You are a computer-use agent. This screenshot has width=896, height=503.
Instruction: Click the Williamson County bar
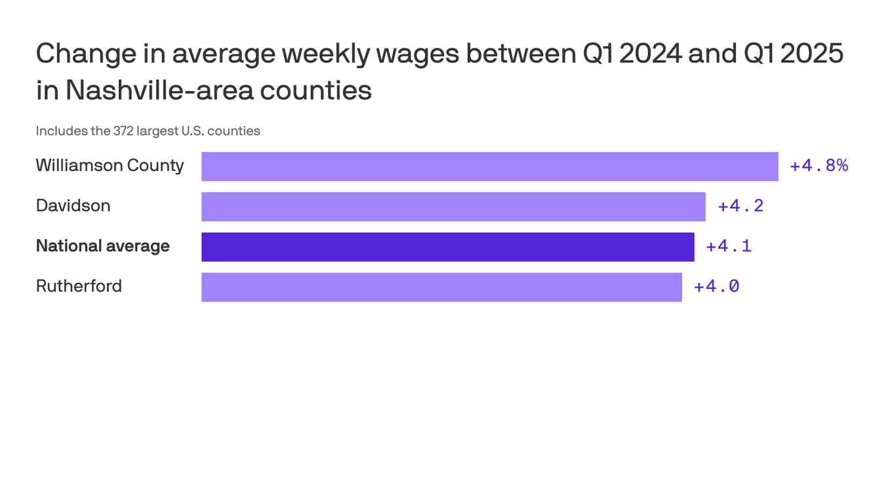click(489, 166)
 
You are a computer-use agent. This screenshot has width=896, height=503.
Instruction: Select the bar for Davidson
click(453, 206)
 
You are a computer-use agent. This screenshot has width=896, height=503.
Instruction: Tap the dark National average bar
click(447, 247)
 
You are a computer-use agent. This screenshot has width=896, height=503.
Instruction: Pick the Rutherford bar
click(441, 287)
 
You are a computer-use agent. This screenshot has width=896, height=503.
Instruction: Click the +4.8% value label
click(819, 166)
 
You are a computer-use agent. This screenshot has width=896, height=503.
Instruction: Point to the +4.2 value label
click(741, 206)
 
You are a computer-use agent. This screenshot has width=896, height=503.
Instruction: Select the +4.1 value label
click(728, 246)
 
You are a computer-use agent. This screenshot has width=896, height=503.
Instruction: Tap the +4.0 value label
click(716, 287)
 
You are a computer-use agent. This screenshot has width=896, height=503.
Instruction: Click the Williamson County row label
click(110, 166)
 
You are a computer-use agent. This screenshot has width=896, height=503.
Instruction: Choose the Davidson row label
click(73, 206)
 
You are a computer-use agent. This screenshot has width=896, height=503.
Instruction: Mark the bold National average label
click(102, 246)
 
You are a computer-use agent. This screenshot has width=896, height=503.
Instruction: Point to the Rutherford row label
click(79, 286)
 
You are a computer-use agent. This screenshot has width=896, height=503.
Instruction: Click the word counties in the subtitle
click(234, 131)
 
